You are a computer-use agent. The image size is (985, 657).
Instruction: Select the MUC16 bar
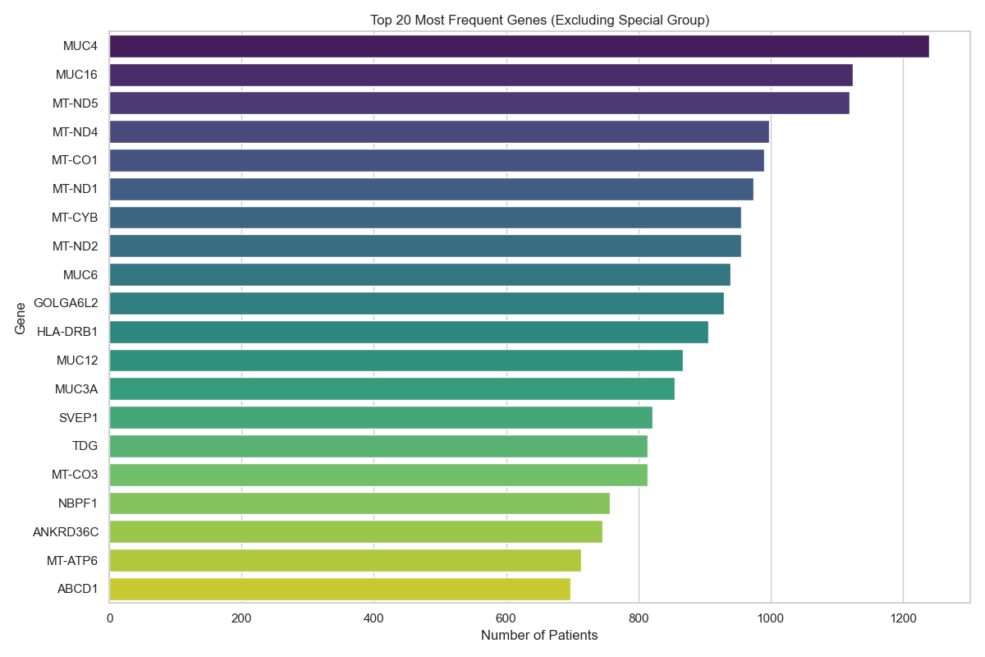click(x=481, y=75)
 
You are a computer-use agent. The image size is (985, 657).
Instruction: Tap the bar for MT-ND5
click(x=479, y=103)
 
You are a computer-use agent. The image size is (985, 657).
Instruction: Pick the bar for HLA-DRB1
click(x=409, y=333)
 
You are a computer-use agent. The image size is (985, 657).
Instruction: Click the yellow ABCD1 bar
click(x=340, y=589)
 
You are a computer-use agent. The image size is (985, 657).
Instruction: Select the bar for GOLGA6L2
click(x=416, y=304)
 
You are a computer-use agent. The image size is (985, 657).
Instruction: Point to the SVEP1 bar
click(x=381, y=418)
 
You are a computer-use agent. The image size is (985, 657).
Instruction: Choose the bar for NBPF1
click(x=360, y=503)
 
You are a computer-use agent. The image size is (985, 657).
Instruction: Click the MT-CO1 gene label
click(x=75, y=160)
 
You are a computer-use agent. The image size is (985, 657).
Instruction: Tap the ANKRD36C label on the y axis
click(x=66, y=532)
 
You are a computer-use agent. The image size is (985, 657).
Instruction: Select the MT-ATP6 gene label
click(x=72, y=561)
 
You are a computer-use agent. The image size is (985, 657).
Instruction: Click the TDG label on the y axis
click(x=85, y=447)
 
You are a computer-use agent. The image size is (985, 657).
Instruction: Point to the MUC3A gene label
click(x=78, y=389)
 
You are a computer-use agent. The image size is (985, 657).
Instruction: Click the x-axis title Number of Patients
click(x=539, y=636)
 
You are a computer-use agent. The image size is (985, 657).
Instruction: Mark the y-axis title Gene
click(x=21, y=318)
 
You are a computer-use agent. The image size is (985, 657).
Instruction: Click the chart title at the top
click(x=539, y=21)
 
